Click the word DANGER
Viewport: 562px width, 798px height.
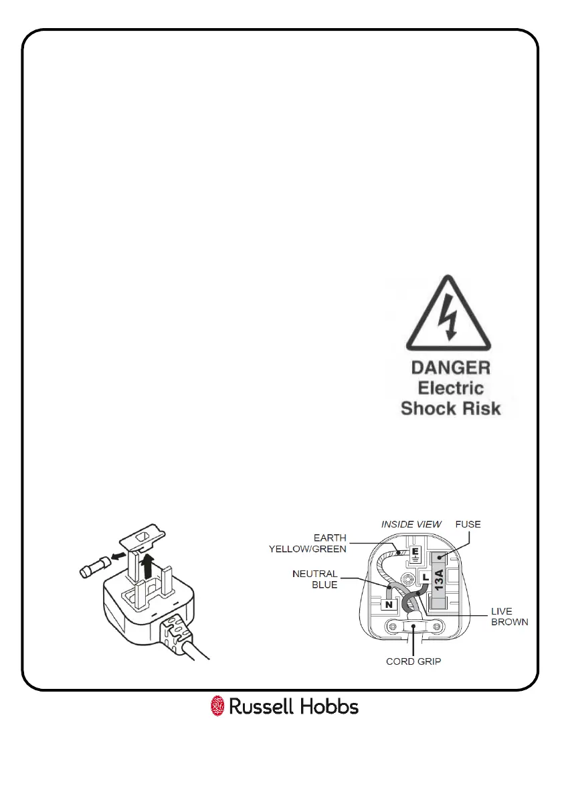coord(450,368)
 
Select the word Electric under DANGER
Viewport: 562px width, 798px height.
coord(450,388)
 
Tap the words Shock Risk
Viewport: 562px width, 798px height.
coord(450,408)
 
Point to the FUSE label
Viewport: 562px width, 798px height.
coord(467,524)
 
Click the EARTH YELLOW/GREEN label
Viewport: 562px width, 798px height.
coord(308,543)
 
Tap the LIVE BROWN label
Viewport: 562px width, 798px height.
coord(509,617)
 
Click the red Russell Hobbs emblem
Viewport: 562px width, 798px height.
coord(217,706)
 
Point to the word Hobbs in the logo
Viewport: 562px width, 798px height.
coord(329,706)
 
